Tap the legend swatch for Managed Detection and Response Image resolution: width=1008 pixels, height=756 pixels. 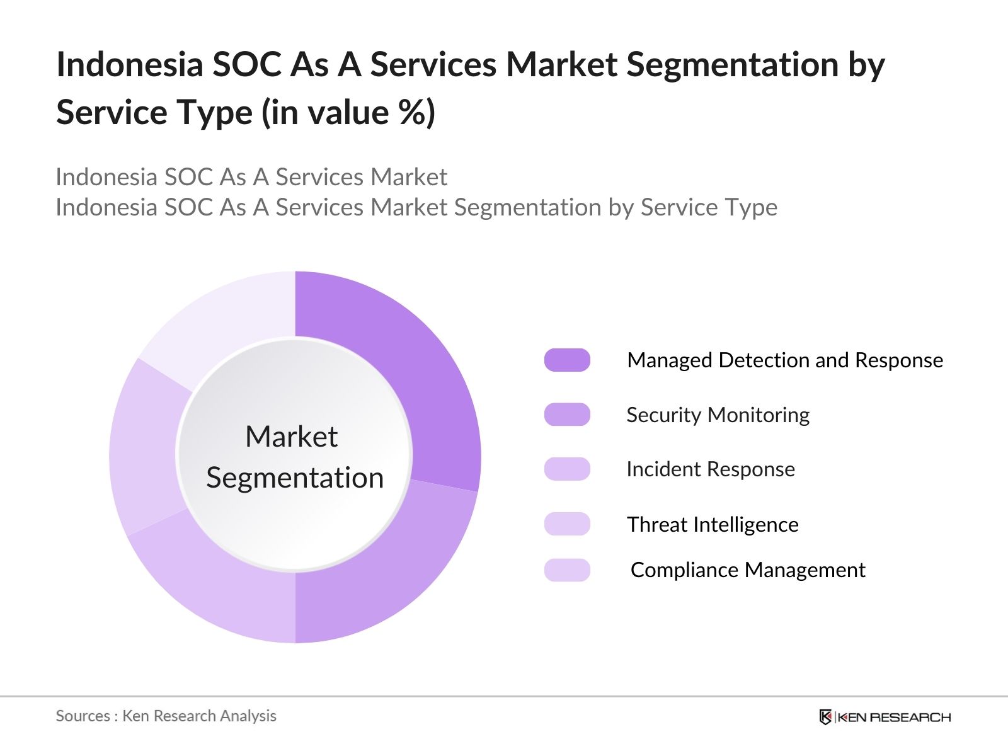[x=567, y=360]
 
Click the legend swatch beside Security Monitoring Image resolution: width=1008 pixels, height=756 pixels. [x=567, y=415]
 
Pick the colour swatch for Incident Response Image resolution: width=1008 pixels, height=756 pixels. [x=567, y=469]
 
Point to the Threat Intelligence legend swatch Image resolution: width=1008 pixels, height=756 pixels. [x=567, y=524]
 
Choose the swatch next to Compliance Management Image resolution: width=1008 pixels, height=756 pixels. [x=567, y=570]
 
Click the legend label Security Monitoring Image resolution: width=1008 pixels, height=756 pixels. [x=718, y=415]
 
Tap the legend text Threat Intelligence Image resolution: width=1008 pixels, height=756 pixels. [x=713, y=525]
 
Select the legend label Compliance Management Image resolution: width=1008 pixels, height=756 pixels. [x=748, y=570]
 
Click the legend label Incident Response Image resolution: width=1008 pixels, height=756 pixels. [x=711, y=469]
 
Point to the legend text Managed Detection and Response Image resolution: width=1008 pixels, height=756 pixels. [x=785, y=360]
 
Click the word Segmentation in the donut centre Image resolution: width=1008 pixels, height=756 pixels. [x=295, y=478]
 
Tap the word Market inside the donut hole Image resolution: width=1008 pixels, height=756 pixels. [x=291, y=437]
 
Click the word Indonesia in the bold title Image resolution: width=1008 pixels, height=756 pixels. [x=129, y=65]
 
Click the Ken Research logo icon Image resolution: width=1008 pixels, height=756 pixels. [x=825, y=717]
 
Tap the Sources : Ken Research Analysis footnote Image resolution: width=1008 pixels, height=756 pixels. [x=166, y=716]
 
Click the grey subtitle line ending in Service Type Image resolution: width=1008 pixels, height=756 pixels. [x=416, y=207]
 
